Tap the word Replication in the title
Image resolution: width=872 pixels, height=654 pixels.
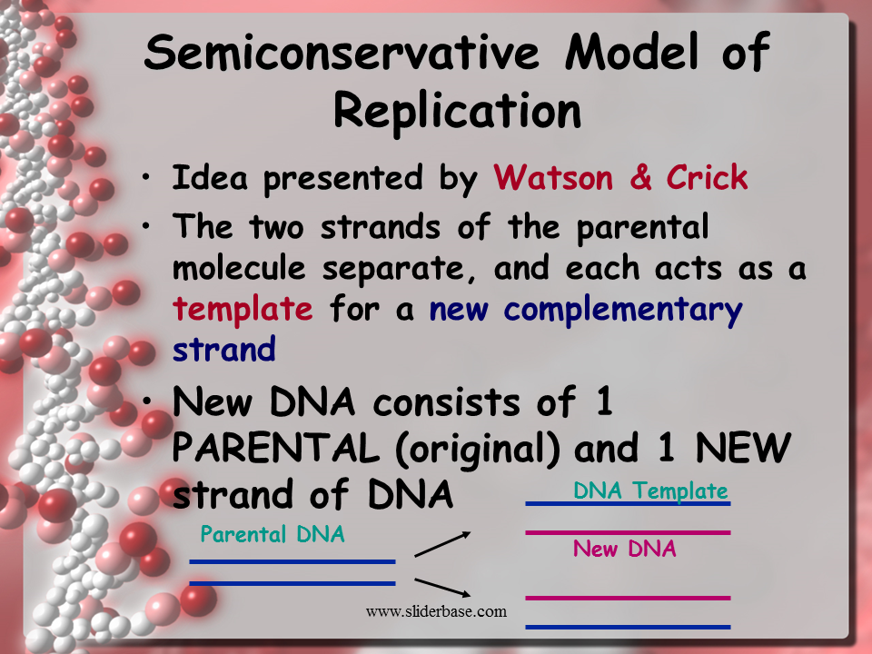point(457,112)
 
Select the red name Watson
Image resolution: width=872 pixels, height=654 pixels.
point(554,178)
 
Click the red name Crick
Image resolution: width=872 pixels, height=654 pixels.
point(707,178)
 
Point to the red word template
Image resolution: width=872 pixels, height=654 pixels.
point(243,310)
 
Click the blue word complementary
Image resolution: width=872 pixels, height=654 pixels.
point(623,310)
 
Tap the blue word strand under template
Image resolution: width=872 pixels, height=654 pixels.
point(224,349)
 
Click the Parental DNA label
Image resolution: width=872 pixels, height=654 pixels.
point(272,535)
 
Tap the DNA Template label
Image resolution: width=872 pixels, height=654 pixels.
point(650,491)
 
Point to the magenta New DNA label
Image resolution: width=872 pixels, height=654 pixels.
point(625,549)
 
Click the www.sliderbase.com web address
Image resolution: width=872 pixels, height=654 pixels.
point(436,611)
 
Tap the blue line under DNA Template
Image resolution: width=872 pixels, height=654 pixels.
point(628,504)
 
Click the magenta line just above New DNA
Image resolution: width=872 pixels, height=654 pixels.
point(628,532)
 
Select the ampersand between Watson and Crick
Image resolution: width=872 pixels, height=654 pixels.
point(640,178)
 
